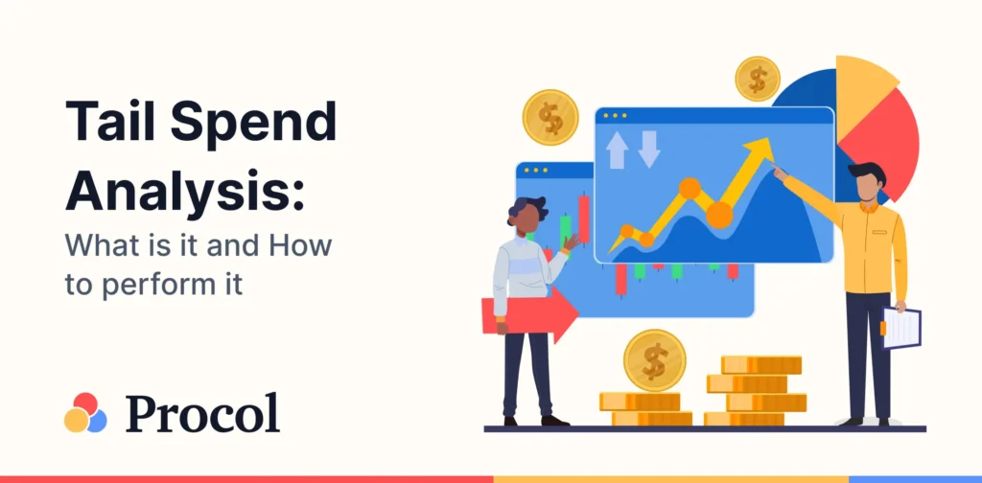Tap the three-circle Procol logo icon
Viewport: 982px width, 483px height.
tap(85, 413)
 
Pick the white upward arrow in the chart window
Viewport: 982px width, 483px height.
tap(617, 149)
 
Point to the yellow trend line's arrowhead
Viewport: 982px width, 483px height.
tap(760, 151)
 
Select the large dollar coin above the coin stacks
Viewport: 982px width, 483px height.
tap(654, 360)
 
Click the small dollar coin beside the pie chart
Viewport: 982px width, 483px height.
tap(758, 79)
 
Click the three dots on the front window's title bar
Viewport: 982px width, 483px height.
tap(616, 116)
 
